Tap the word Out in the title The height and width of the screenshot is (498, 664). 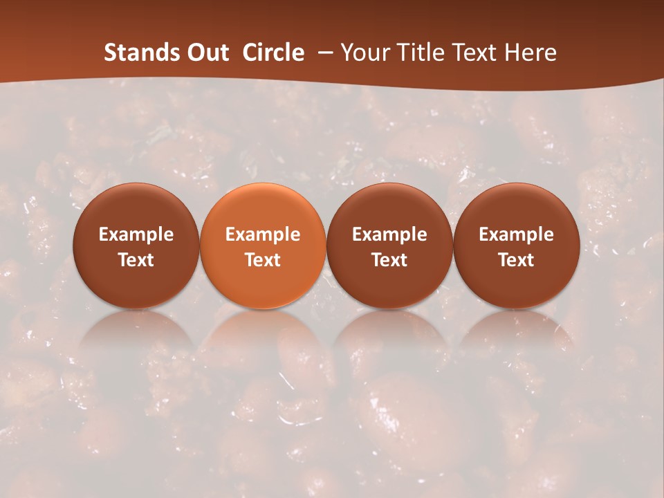[207, 53]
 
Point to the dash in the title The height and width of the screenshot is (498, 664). [322, 53]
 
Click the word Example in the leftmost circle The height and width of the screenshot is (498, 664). [136, 234]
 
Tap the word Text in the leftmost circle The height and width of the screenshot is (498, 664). [136, 260]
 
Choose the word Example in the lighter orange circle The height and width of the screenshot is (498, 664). [263, 234]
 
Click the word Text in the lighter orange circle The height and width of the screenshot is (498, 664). [263, 260]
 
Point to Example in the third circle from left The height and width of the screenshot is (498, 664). [389, 234]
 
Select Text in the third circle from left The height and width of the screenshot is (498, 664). [389, 260]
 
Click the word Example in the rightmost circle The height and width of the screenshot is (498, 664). [516, 234]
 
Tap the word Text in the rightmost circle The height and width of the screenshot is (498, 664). [516, 260]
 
